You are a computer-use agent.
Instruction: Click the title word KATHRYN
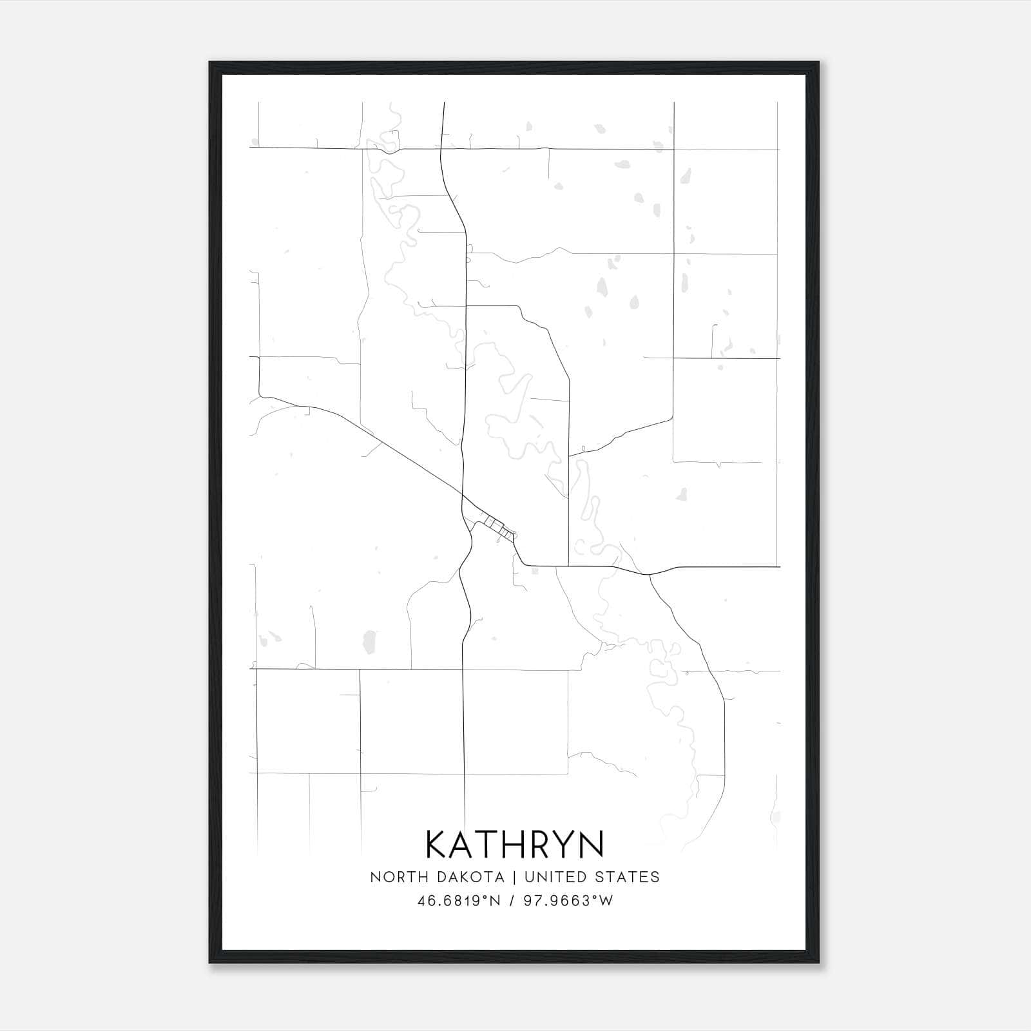[x=515, y=844]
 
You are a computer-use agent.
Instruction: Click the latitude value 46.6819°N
[x=459, y=901]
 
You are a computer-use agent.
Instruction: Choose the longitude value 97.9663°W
[x=568, y=901]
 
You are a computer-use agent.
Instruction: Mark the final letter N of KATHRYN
[x=592, y=844]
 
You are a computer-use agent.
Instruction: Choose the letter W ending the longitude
[x=606, y=901]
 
